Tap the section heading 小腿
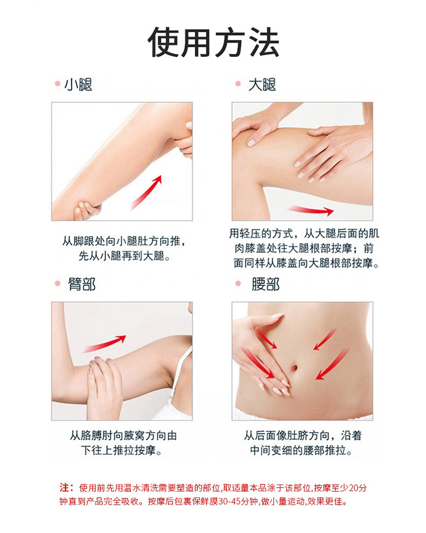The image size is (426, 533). point(79,85)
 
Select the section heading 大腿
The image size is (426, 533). point(262,85)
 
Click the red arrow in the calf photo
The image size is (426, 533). point(147,192)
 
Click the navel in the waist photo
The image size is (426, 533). point(296,368)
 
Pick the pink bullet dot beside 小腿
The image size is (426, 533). point(56,84)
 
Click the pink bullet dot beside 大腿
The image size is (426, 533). point(237,84)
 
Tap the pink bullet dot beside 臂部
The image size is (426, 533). point(56,284)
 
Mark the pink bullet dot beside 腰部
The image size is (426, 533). point(237,284)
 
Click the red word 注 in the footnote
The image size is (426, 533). point(64,487)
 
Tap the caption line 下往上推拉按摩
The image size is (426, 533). point(121,450)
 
